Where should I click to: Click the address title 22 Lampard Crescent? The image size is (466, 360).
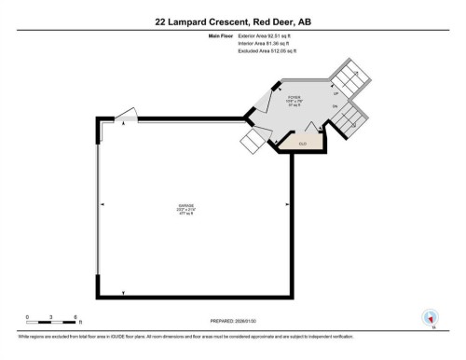pyautogui.click(x=232, y=19)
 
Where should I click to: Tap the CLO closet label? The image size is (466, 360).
pyautogui.click(x=303, y=144)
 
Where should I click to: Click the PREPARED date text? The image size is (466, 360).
pyautogui.click(x=232, y=321)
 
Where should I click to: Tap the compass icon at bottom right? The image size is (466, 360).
pyautogui.click(x=431, y=317)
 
